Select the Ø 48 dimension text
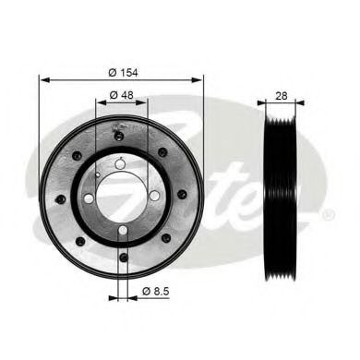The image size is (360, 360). [x=121, y=94]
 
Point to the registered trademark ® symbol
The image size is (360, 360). [x=329, y=215]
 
